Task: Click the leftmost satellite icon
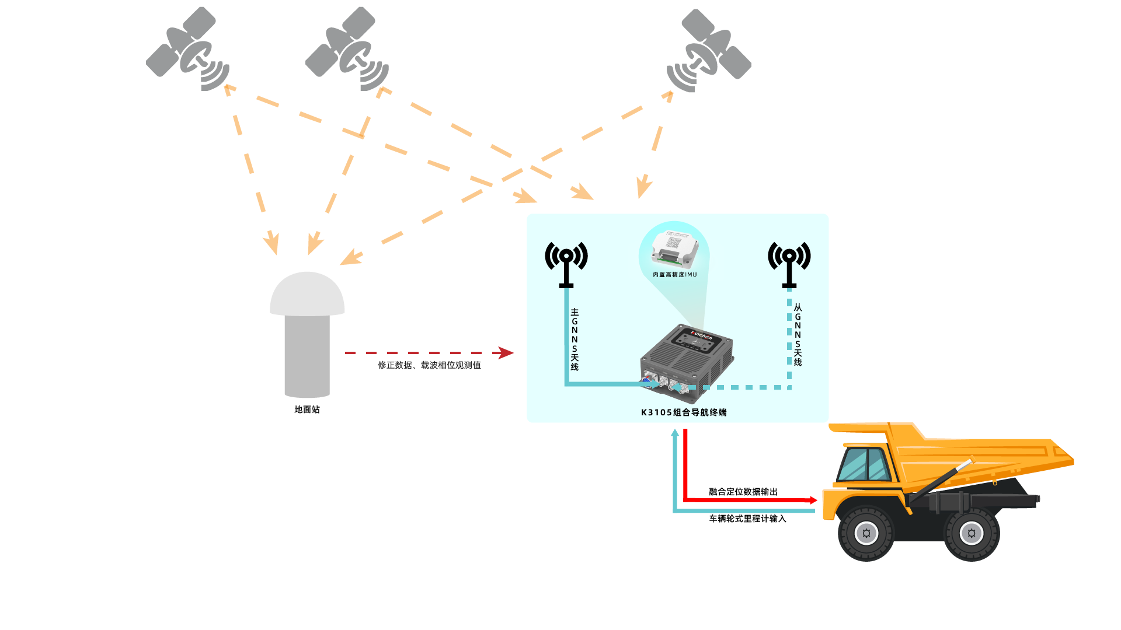187,50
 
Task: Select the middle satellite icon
347,50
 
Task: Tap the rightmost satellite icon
709,51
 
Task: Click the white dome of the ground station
307,295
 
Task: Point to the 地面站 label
307,409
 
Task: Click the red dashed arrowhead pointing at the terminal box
503,352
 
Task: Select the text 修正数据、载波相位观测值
429,365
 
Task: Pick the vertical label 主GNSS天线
575,339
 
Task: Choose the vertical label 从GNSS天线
798,335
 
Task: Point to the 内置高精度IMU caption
675,275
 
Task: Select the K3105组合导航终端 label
684,412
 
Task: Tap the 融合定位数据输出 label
743,492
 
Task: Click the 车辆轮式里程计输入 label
748,519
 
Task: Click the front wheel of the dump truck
866,533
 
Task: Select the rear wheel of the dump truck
972,533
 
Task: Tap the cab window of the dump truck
865,464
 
